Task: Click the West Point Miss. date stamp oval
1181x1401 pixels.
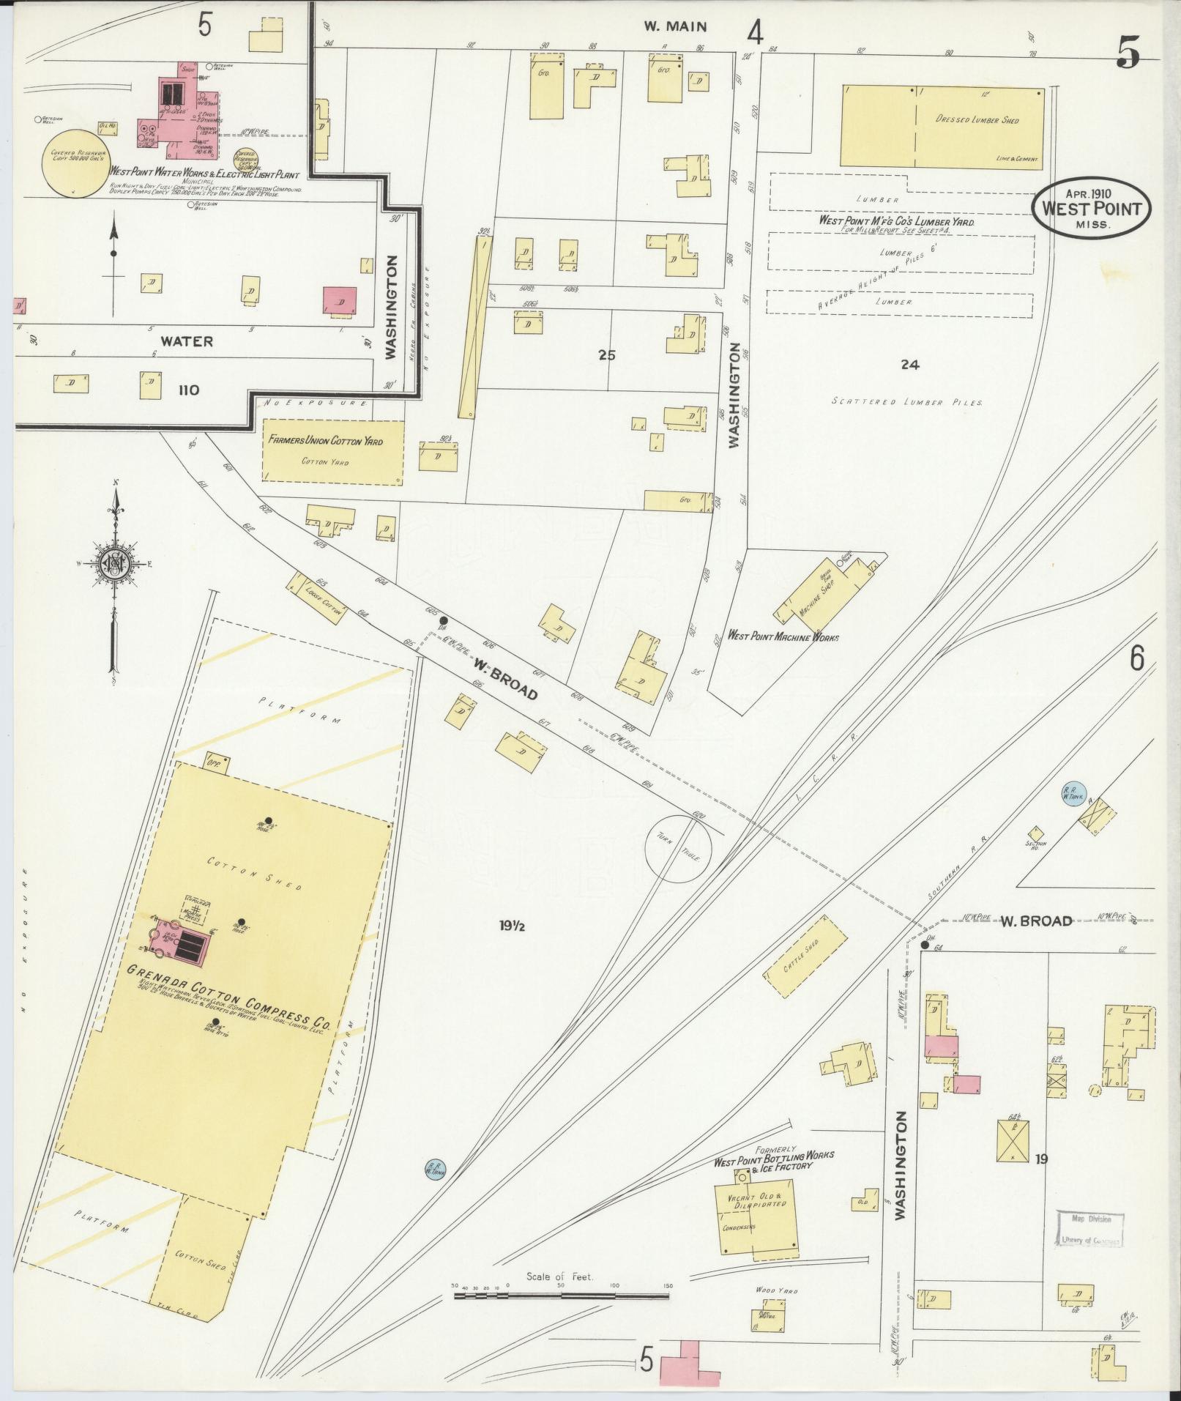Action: tap(1092, 207)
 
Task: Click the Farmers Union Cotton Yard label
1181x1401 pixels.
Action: tap(325, 442)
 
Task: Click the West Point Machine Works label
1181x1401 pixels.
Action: tap(782, 636)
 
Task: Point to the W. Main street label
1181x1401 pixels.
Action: tap(675, 27)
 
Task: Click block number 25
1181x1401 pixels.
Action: tap(606, 355)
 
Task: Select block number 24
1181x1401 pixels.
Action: tap(909, 364)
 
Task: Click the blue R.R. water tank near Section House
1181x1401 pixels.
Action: tap(1073, 792)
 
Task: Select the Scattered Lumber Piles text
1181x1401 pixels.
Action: tap(907, 402)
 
